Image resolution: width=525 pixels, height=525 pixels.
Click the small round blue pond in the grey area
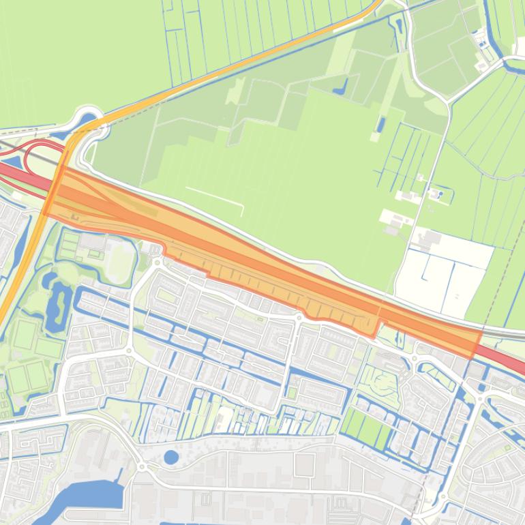[171, 457]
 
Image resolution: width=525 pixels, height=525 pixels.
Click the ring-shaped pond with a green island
[59, 300]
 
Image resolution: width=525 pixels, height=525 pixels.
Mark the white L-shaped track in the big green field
[218, 197]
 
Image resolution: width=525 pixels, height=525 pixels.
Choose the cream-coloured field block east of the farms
[443, 273]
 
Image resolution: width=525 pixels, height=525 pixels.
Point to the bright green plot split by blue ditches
[365, 426]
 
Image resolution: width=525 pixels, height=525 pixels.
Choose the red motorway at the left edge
[14, 170]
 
